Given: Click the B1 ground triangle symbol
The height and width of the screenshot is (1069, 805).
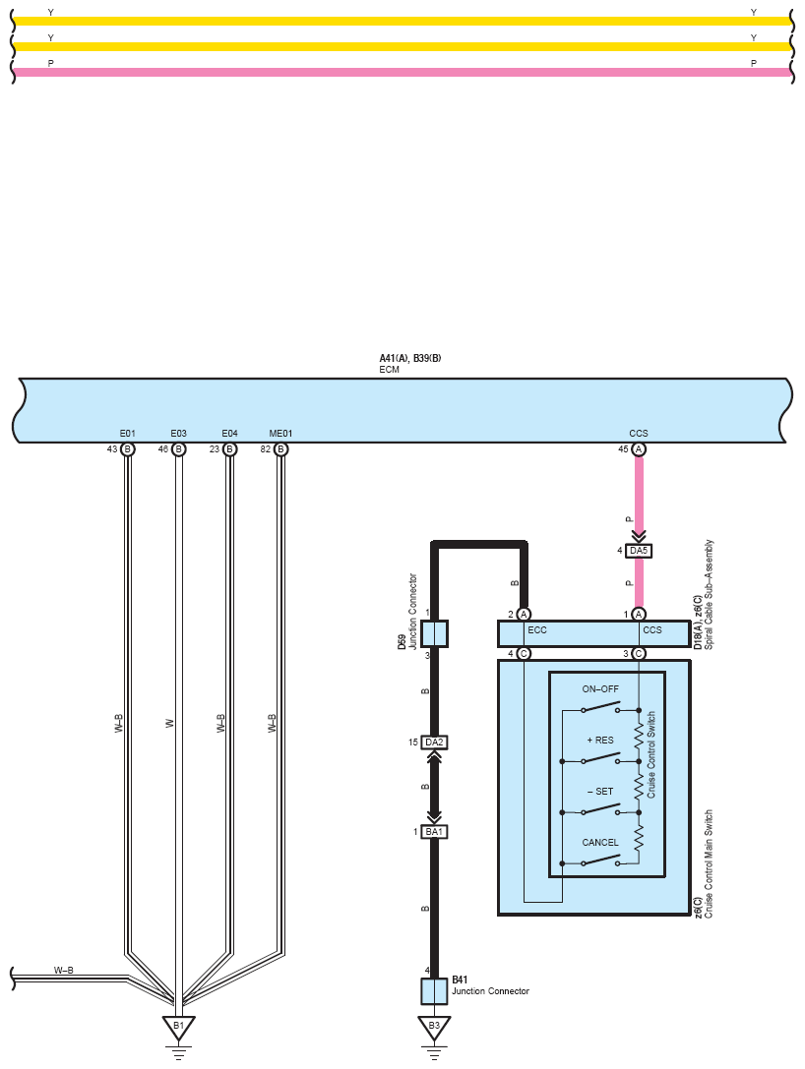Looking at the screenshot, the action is (179, 1027).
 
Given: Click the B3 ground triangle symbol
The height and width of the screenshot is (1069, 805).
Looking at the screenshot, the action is (434, 1027).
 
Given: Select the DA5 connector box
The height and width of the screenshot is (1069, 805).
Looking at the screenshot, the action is (639, 550).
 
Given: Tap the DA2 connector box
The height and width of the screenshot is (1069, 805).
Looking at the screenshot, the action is (434, 742).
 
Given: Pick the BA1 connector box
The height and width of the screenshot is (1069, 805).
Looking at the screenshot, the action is (434, 832).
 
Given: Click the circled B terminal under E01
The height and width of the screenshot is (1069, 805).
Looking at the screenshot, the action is (128, 449).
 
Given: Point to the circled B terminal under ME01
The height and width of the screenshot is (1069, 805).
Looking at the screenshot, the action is (280, 449).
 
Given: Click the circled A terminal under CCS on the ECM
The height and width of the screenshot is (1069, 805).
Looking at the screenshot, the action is (639, 449).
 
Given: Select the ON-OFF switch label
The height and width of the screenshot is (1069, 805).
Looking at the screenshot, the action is (600, 689).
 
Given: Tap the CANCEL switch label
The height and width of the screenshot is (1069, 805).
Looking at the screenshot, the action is (600, 843).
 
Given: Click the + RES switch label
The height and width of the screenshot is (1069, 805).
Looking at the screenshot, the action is (600, 741).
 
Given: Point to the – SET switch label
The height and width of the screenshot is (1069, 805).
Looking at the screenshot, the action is (600, 792).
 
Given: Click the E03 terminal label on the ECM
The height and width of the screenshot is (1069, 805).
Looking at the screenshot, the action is (179, 434).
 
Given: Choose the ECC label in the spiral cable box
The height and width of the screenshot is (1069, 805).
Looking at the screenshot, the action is (537, 630).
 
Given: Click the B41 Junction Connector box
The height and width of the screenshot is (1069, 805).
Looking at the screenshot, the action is (434, 991).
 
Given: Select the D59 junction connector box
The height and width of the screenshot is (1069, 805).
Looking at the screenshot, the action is (434, 633).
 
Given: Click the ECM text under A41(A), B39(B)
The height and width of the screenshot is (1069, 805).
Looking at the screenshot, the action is (390, 370).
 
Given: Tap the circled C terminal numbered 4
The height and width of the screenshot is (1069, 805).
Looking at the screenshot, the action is (524, 654).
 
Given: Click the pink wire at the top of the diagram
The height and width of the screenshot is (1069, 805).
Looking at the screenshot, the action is (402, 72).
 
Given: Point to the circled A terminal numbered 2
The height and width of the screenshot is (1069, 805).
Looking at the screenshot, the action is (524, 615).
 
